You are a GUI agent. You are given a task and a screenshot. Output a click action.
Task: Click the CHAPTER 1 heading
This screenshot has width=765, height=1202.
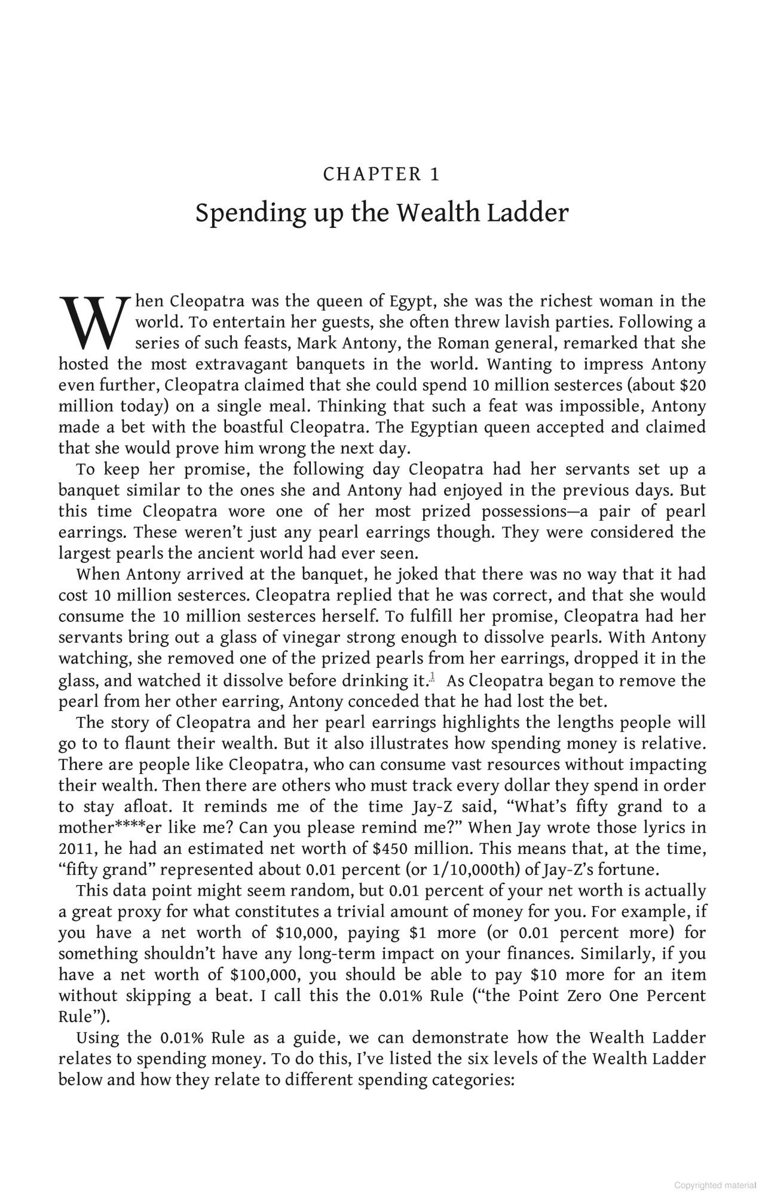click(x=381, y=175)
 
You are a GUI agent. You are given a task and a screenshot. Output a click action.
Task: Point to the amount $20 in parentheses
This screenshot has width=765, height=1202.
click(x=693, y=385)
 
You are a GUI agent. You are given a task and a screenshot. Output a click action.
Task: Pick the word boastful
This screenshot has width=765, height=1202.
click(x=254, y=427)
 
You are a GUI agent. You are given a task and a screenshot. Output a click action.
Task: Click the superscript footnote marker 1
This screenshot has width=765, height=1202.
click(x=432, y=677)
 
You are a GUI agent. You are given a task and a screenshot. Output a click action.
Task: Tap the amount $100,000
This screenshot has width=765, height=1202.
click(x=264, y=975)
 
